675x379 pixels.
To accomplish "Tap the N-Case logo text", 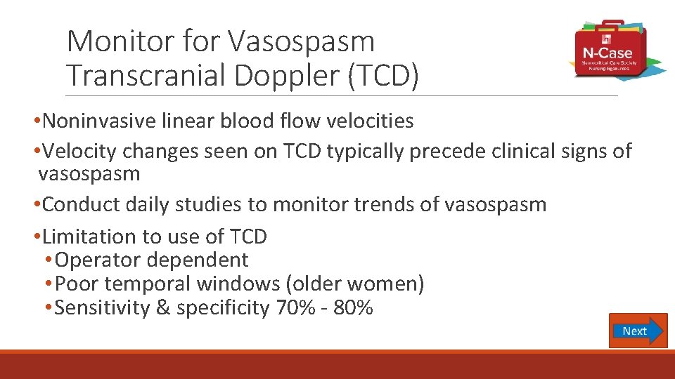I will (x=606, y=53).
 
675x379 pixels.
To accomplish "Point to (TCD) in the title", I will (x=382, y=75).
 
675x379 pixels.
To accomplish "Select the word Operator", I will (x=94, y=260).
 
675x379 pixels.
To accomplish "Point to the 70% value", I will (x=290, y=307).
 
